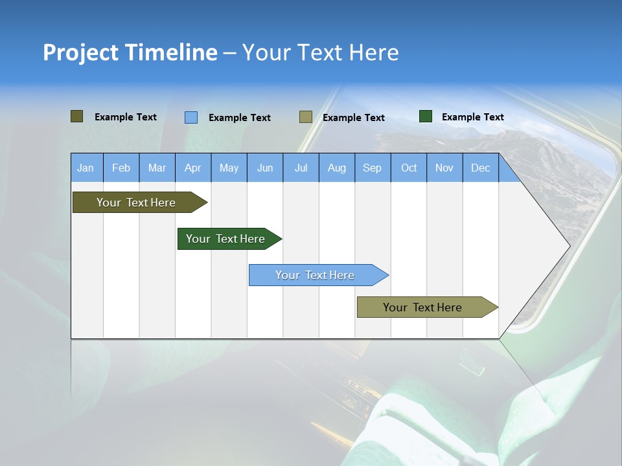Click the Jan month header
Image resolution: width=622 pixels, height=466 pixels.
point(86,168)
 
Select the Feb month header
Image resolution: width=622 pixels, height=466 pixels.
point(121,168)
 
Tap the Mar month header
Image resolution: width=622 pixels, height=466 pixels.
point(157,168)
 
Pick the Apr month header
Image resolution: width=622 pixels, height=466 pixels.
point(193,168)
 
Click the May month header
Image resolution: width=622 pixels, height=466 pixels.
point(229,168)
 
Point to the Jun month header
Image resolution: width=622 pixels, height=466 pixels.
point(265,168)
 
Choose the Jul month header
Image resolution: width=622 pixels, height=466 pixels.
point(301,168)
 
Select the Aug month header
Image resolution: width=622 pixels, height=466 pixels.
point(337,168)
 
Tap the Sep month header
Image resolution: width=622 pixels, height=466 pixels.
point(373,168)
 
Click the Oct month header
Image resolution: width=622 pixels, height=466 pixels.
point(409,168)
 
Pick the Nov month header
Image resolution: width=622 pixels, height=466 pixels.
point(444,168)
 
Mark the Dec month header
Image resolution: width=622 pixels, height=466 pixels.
point(481,168)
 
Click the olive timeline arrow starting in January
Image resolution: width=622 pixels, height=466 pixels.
point(136,203)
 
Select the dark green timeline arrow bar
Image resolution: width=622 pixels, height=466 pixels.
point(225,239)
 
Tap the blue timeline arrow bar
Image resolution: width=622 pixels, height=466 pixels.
point(315,275)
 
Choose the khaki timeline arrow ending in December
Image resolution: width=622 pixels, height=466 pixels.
point(422,307)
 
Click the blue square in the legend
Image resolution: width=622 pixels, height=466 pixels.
point(191,117)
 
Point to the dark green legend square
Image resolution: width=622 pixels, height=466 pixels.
point(426,116)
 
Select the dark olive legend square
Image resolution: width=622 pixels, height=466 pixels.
point(76,116)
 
